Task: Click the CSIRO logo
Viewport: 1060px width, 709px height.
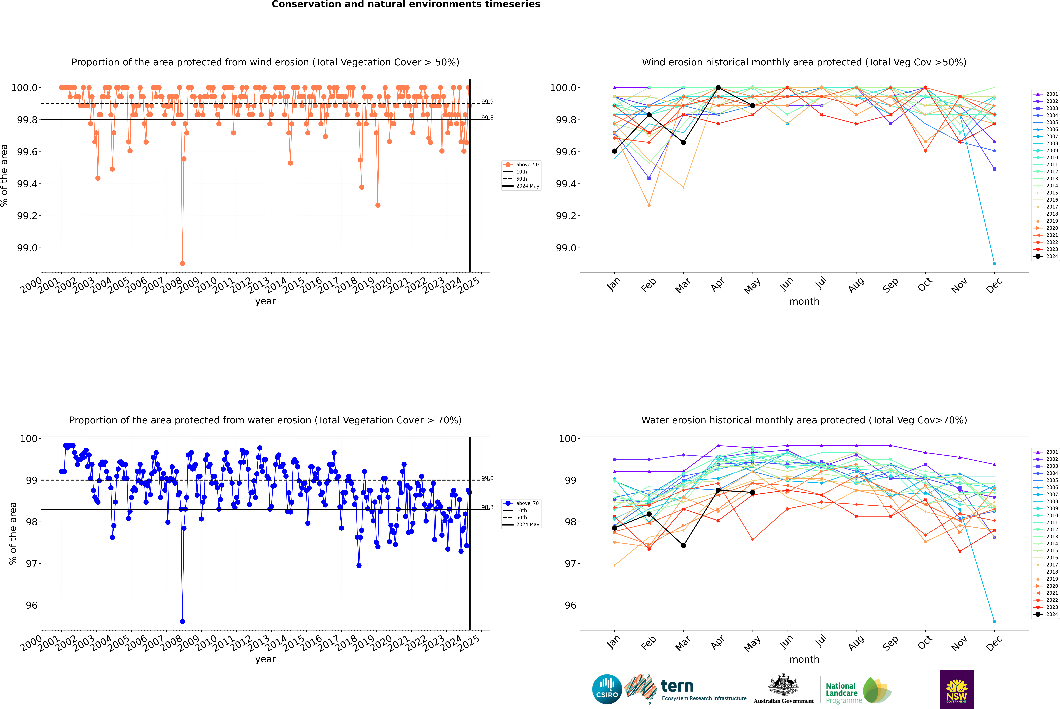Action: pos(607,689)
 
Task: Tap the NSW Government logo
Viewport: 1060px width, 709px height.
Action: pos(957,689)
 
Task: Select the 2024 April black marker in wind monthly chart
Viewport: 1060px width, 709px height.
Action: pos(718,88)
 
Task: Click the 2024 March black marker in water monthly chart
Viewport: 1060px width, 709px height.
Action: pos(684,546)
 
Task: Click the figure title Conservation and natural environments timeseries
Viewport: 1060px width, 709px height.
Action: pos(406,4)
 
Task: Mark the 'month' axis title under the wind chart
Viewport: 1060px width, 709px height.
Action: pos(804,302)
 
